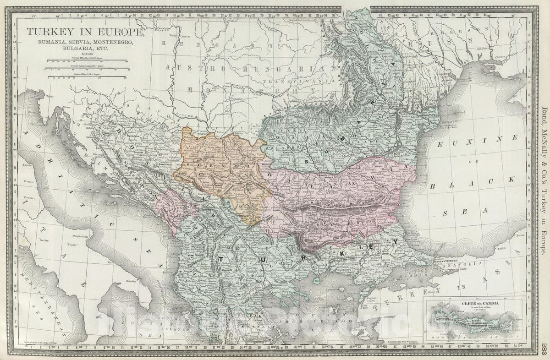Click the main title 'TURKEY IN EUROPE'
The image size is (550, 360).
pyautogui.click(x=85, y=33)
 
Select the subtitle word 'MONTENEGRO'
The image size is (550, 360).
pyautogui.click(x=114, y=42)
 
